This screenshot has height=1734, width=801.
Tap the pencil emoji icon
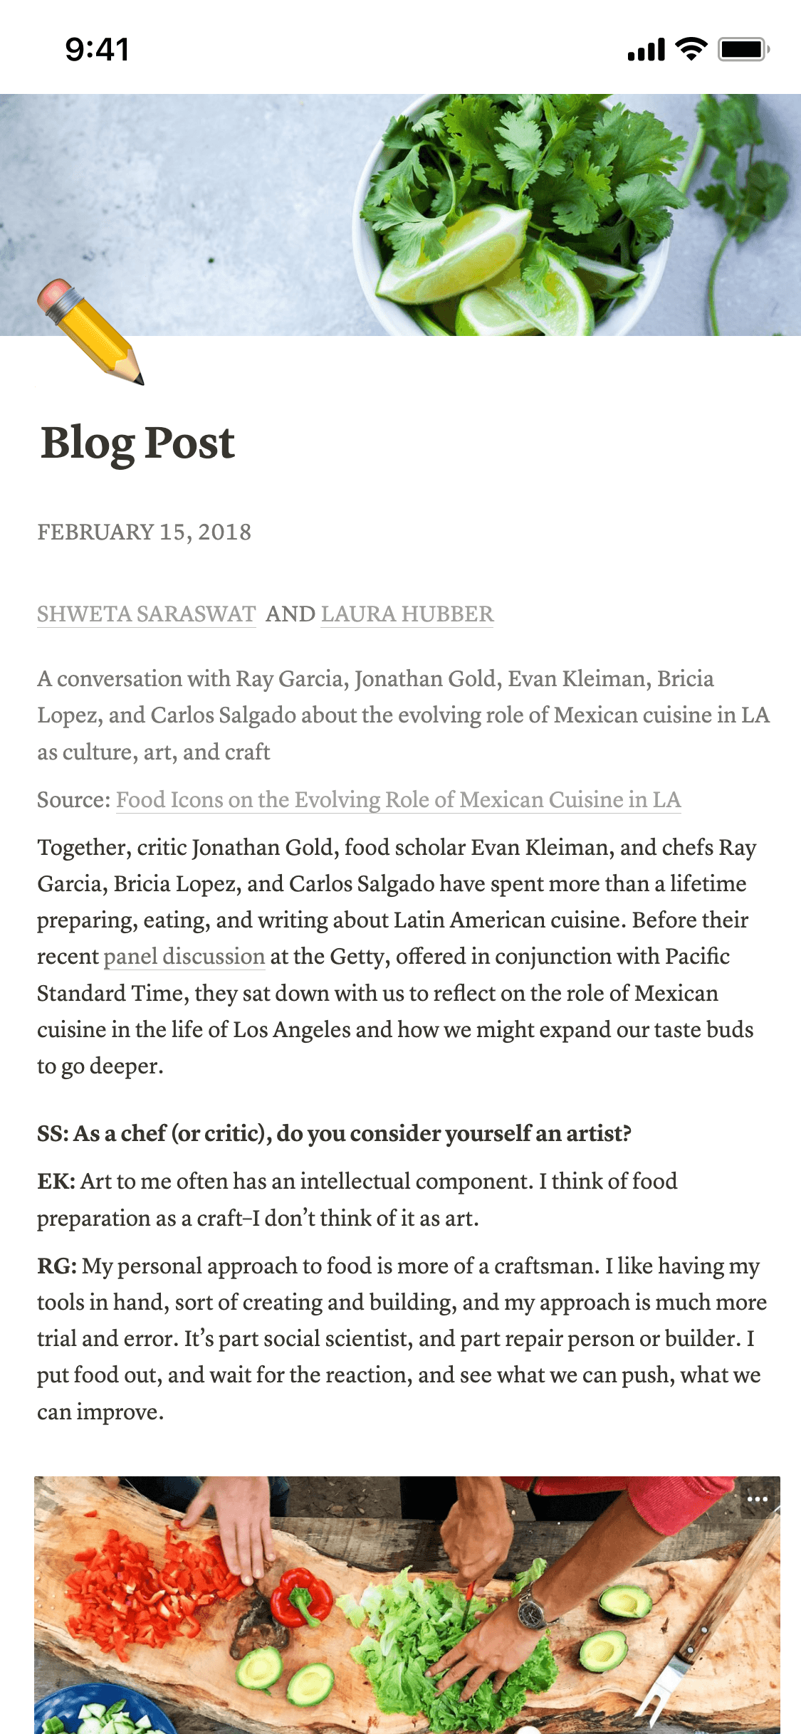click(x=90, y=332)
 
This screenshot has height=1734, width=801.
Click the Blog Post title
click(x=137, y=443)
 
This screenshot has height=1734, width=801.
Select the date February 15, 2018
click(x=144, y=532)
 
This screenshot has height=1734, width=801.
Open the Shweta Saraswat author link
click(x=146, y=614)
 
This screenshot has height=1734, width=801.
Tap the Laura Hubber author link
click(x=407, y=614)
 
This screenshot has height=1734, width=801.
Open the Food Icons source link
click(x=398, y=799)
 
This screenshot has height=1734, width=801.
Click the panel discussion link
click(x=184, y=956)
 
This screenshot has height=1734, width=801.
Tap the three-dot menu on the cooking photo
click(x=757, y=1499)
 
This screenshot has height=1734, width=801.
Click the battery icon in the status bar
click(x=743, y=49)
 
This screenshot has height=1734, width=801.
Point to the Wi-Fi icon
click(x=690, y=49)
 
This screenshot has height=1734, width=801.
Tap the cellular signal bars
click(x=646, y=50)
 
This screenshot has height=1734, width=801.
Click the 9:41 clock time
click(x=98, y=50)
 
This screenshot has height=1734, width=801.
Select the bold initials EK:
click(x=56, y=1182)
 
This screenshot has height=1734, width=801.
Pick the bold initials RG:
click(x=57, y=1266)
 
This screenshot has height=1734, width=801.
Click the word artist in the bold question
click(x=598, y=1133)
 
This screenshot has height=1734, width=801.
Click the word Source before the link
click(x=72, y=800)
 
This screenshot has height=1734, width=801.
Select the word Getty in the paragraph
click(x=359, y=956)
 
